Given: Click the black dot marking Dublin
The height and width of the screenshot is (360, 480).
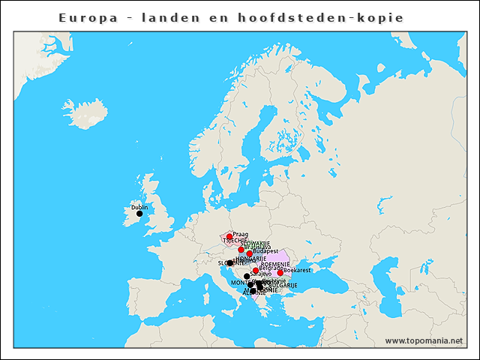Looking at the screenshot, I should tap(139, 214).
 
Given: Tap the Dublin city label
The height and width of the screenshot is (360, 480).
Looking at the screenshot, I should tap(139, 207).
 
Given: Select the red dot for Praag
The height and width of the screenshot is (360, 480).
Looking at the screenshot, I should tap(229, 236).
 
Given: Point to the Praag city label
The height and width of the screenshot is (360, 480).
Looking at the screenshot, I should tap(241, 234).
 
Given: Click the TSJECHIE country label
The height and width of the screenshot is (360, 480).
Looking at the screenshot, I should tap(235, 241).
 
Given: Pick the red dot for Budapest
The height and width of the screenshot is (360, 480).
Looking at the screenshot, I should tap(250, 254).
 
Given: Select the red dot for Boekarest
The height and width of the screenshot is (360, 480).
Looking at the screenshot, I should tap(280, 273).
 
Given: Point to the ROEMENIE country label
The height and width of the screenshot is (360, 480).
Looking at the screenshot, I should tap(275, 265).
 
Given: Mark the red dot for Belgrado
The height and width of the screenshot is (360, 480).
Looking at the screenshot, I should tap(256, 271).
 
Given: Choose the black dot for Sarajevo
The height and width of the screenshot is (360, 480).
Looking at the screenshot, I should tap(247, 277).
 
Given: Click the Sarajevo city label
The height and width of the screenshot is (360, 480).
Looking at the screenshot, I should tap(260, 274).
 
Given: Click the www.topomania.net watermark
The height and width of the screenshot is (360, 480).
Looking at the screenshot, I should tap(423, 340).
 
